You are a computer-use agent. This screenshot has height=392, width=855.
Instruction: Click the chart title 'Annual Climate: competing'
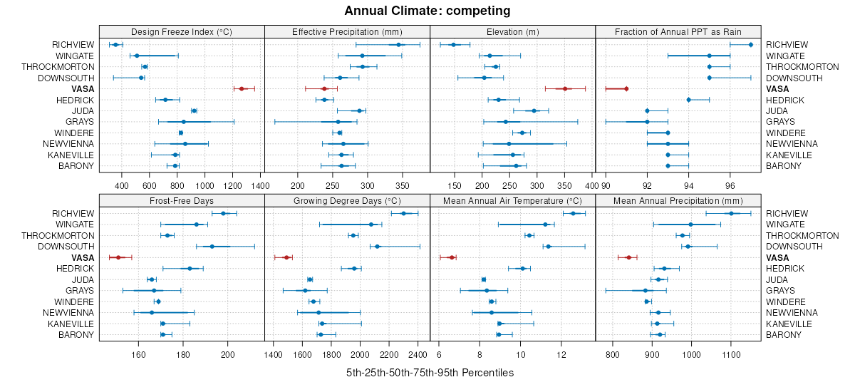point(427,11)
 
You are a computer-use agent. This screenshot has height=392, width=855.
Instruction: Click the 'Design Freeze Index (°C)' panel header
point(182,31)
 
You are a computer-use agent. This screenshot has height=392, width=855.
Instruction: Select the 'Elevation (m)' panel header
point(512,31)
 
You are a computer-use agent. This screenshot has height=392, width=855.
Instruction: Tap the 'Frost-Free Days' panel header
point(182,200)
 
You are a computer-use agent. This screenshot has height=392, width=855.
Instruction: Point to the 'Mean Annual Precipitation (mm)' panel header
point(678,200)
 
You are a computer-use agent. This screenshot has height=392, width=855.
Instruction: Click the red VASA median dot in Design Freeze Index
point(242,89)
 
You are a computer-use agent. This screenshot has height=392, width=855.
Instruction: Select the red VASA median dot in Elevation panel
point(565,89)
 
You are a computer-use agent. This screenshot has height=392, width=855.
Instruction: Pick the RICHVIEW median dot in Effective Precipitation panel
point(399,45)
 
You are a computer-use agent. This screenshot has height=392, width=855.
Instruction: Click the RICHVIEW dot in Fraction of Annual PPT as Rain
point(751,45)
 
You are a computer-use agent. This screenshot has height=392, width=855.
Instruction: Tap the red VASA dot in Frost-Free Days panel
point(118,257)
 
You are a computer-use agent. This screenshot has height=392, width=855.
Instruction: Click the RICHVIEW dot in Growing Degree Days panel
point(403,213)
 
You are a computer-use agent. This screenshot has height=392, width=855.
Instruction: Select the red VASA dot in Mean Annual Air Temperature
point(451,257)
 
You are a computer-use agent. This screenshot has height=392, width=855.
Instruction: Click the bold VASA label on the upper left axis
point(82,89)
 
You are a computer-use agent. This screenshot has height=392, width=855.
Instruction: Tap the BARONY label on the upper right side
point(783,166)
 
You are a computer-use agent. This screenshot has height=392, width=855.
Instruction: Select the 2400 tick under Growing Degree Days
point(418,354)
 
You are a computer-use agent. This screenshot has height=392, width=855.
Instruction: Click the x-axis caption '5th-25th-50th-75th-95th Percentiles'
point(430,373)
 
